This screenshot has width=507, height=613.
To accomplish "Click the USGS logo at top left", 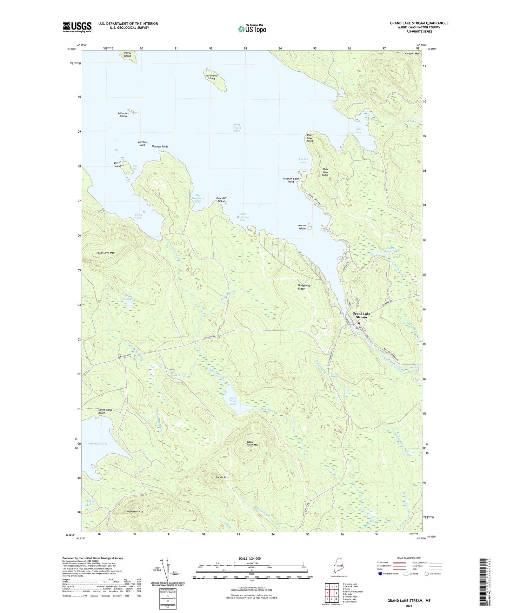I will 77,27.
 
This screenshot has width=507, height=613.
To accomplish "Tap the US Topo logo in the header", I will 252,29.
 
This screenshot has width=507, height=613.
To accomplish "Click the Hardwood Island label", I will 211,77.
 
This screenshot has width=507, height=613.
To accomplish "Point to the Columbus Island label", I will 124,115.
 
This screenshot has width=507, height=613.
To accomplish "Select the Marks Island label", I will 127,55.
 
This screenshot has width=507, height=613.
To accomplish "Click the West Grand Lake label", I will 237,128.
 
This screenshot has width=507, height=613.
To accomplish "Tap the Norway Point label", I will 160,146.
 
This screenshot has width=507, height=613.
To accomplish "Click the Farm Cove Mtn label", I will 105,253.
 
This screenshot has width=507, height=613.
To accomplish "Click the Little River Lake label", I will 233,401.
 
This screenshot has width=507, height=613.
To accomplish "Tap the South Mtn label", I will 222,477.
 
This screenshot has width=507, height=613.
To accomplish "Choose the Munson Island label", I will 303,227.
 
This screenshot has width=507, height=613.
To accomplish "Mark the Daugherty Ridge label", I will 304,287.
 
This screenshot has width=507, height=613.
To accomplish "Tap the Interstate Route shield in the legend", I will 381,574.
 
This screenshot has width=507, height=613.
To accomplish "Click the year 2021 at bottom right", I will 409,606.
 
